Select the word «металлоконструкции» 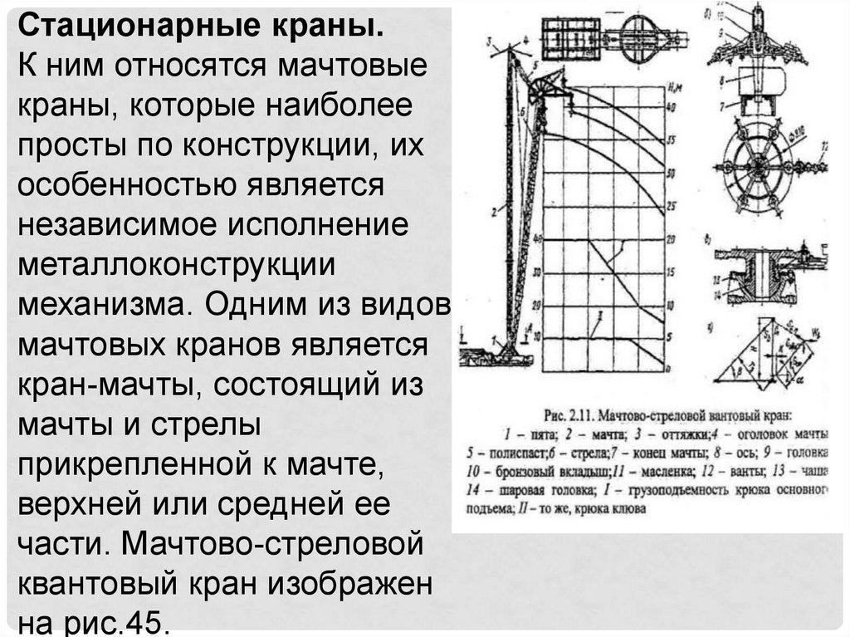pyautogui.click(x=177, y=265)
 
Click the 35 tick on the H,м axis pyautogui.click(x=672, y=140)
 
